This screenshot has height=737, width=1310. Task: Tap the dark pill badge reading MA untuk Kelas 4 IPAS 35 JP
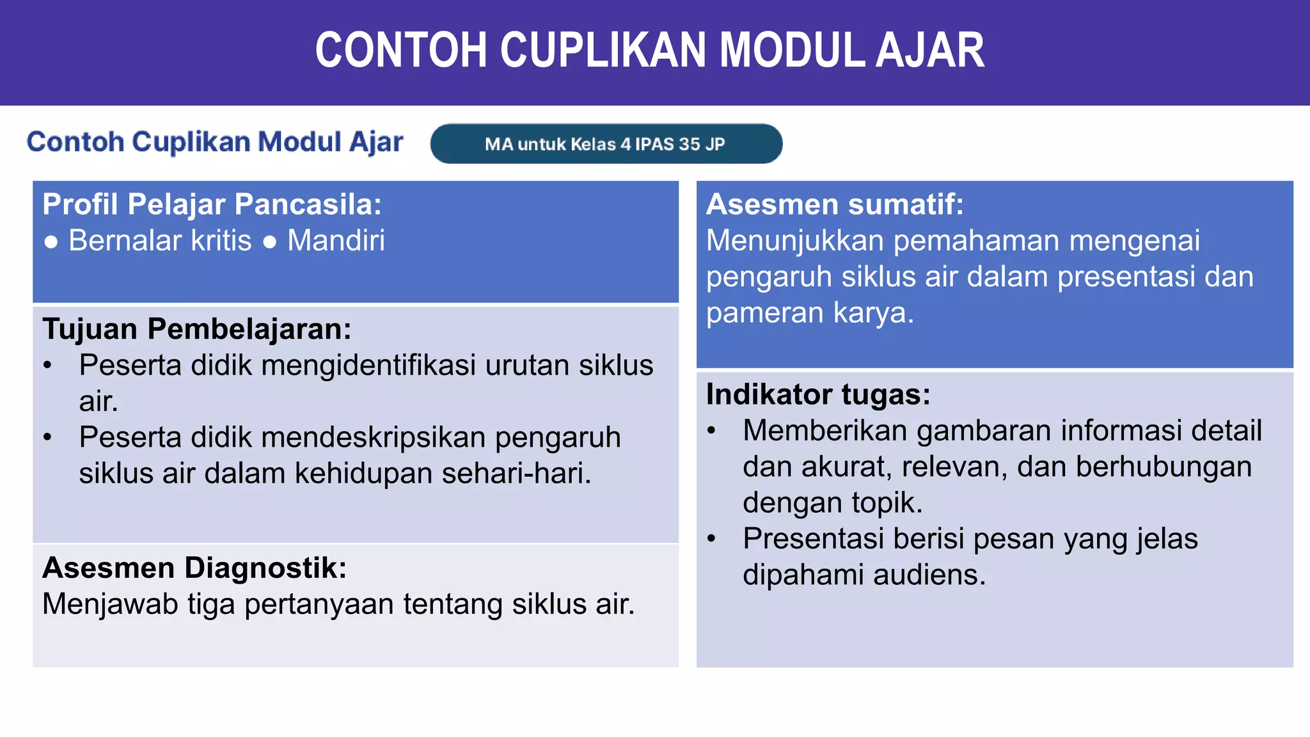(x=606, y=144)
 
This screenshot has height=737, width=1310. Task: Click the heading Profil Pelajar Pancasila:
(x=212, y=205)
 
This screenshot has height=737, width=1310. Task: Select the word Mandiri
(x=336, y=241)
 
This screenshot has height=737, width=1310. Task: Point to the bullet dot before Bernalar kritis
(x=51, y=242)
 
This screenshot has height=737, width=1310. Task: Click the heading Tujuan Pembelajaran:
(x=196, y=329)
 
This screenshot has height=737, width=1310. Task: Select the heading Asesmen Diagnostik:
(x=194, y=568)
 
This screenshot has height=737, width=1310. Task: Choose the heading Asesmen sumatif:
(x=834, y=205)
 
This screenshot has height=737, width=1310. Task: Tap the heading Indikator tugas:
(x=818, y=394)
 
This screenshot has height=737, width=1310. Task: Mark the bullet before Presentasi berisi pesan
(x=711, y=539)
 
